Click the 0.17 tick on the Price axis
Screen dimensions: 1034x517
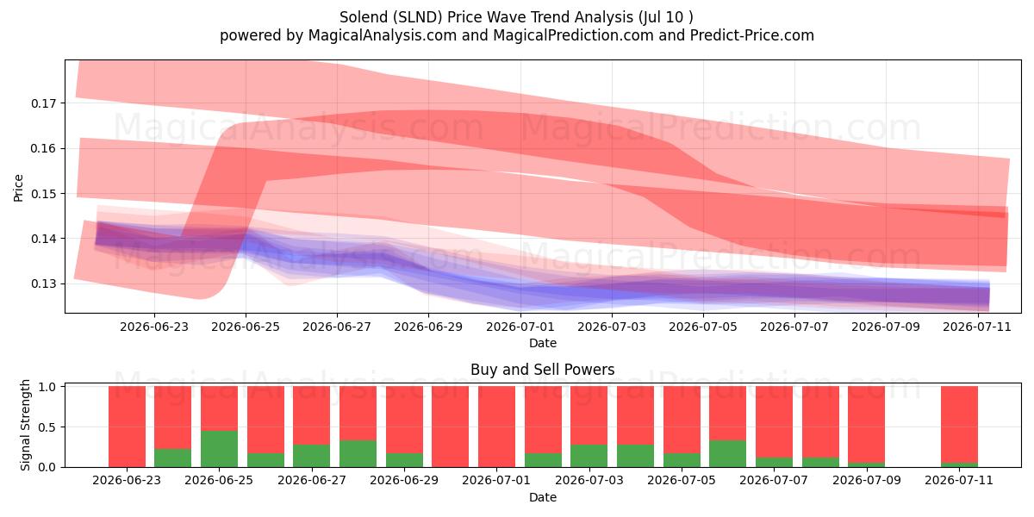coord(43,103)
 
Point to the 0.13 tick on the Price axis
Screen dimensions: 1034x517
coord(43,283)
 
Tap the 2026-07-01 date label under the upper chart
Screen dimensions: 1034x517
coord(520,327)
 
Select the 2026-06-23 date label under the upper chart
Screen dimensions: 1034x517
coord(154,327)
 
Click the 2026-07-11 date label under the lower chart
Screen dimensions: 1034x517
coord(959,480)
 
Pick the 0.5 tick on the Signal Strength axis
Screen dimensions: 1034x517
coord(47,427)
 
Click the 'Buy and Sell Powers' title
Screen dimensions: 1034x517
coord(542,370)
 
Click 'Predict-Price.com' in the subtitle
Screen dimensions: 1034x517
coord(752,35)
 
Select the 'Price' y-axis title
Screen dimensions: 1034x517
coord(18,188)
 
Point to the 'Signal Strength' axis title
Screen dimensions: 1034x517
coord(25,425)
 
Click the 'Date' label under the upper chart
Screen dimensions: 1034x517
coord(543,343)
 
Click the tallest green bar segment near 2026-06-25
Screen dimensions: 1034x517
coord(219,449)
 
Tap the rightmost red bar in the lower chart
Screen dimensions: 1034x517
coord(959,424)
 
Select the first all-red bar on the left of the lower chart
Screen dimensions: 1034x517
coord(127,427)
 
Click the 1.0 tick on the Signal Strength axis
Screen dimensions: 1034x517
coord(47,387)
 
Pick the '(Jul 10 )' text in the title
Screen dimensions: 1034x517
coord(665,17)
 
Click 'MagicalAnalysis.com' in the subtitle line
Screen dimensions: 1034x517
coord(383,35)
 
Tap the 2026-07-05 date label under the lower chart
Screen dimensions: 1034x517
coord(682,480)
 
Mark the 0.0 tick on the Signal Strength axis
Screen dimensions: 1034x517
coord(47,468)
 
